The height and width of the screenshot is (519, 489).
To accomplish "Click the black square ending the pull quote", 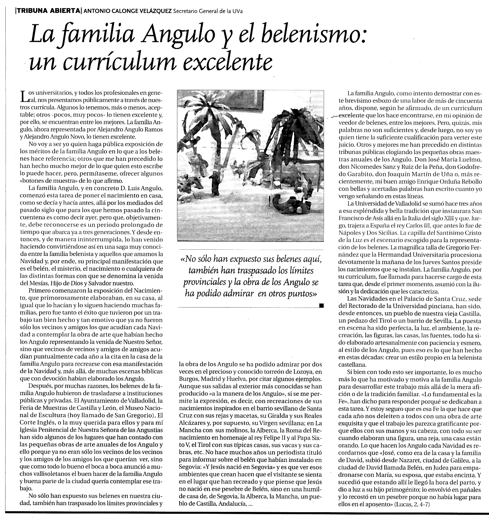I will (x=321, y=305).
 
